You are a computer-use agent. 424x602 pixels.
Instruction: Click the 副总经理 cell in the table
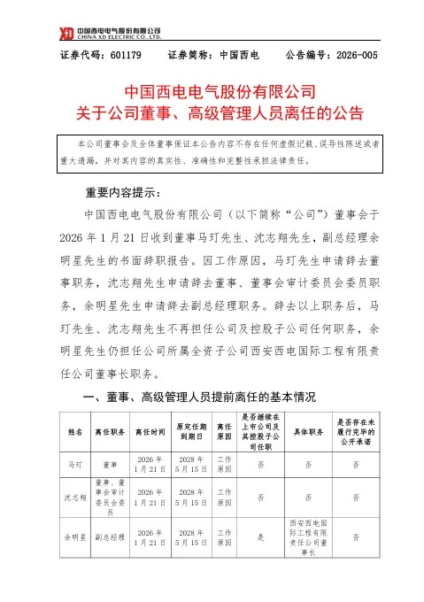point(110,536)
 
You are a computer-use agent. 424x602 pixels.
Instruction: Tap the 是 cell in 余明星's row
point(260,536)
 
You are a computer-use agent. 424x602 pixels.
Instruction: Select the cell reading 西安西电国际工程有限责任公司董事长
point(306,536)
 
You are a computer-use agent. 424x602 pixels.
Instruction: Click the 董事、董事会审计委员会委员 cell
point(110,498)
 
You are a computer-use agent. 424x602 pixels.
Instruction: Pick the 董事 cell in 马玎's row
point(110,464)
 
